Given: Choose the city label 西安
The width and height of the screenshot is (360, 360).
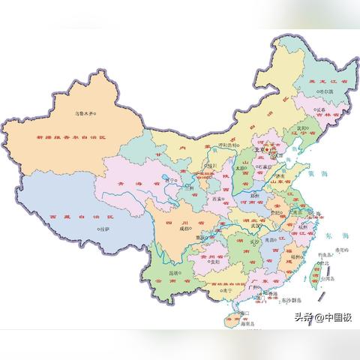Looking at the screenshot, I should pyautogui.click(x=218, y=199).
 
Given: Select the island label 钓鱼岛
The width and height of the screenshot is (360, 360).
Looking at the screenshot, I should pyautogui.click(x=328, y=255).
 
